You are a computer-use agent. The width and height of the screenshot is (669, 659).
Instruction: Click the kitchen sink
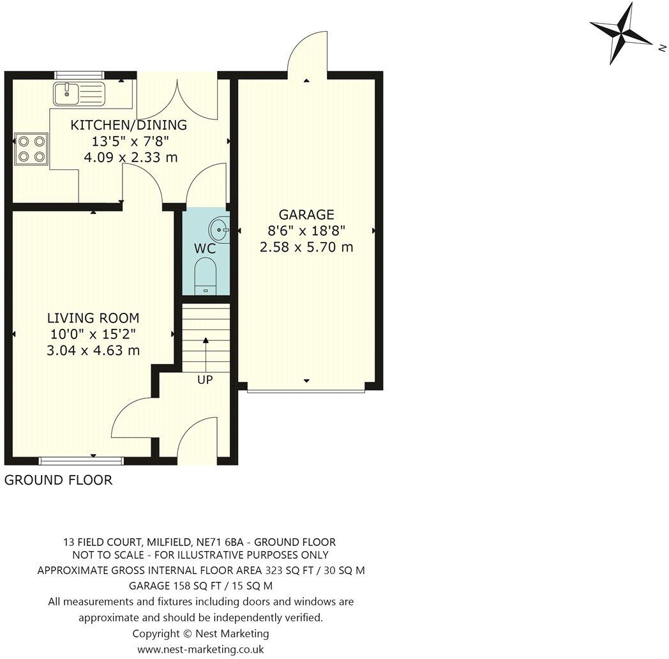click(79, 94)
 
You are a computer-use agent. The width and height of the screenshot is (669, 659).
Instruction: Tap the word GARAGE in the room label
click(306, 215)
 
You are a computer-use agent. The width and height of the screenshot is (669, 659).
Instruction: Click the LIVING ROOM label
click(93, 318)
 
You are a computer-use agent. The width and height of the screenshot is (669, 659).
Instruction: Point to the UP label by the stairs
click(205, 380)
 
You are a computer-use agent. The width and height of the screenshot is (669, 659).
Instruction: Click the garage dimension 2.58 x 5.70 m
click(306, 247)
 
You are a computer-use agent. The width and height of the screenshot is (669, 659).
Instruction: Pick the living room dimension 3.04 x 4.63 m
click(93, 351)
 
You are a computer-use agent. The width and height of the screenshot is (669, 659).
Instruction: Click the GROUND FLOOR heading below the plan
click(58, 480)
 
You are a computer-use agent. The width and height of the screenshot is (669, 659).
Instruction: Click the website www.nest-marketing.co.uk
click(200, 649)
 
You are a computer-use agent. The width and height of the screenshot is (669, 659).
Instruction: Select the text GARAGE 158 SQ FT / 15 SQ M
click(200, 586)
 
